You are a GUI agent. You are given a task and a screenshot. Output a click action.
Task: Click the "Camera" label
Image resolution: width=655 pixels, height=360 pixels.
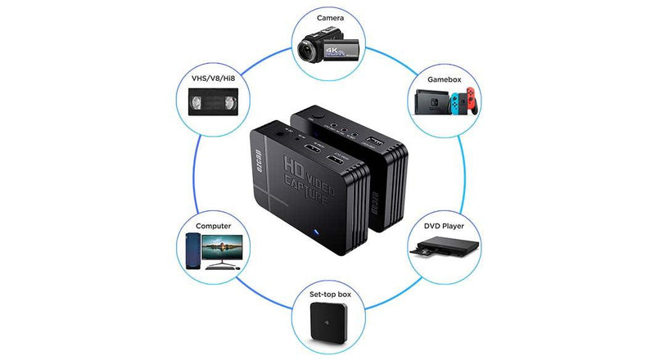coord(326,17)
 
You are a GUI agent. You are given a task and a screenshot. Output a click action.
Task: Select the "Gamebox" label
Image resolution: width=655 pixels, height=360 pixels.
coord(445,80)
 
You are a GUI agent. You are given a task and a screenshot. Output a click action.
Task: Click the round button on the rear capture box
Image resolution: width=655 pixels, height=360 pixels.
coord(317,116)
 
